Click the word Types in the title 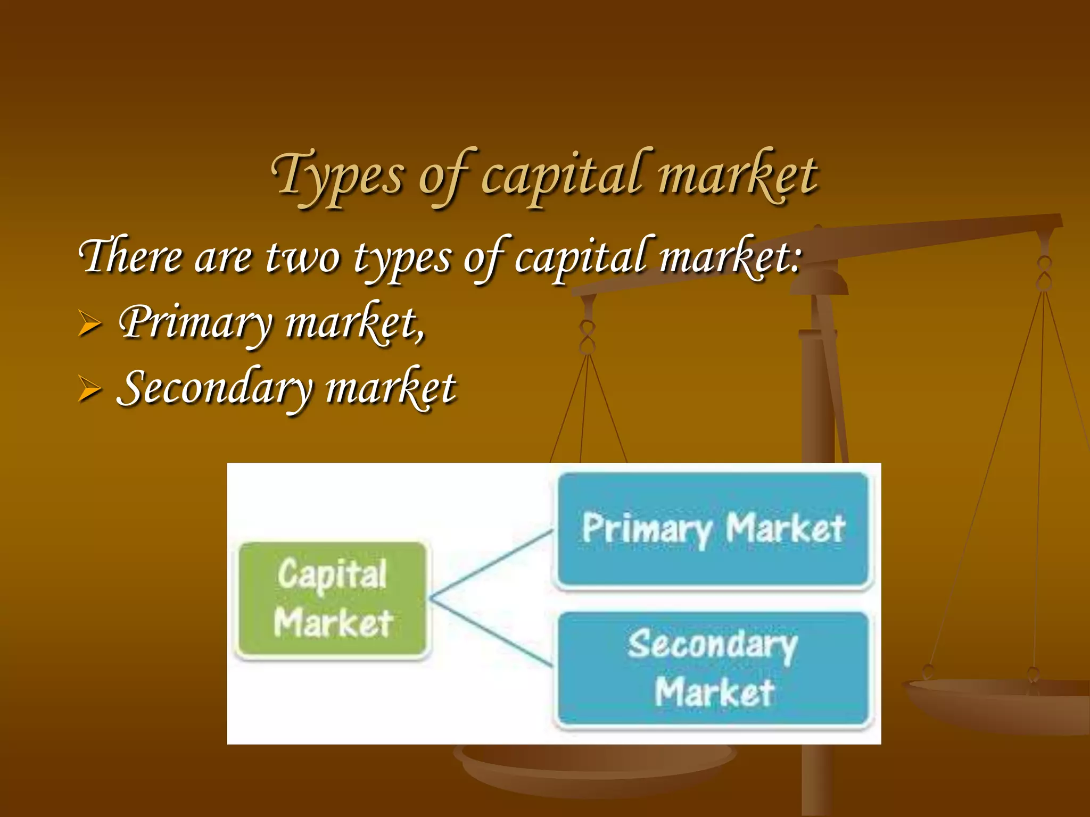(x=338, y=176)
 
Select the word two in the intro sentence (x=302, y=257)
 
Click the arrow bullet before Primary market (x=89, y=323)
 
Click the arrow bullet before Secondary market (x=89, y=388)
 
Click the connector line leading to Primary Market (x=492, y=564)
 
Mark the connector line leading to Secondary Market (x=492, y=633)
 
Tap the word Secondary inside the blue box (x=712, y=645)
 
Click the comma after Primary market (x=421, y=335)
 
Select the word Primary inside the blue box (x=647, y=529)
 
